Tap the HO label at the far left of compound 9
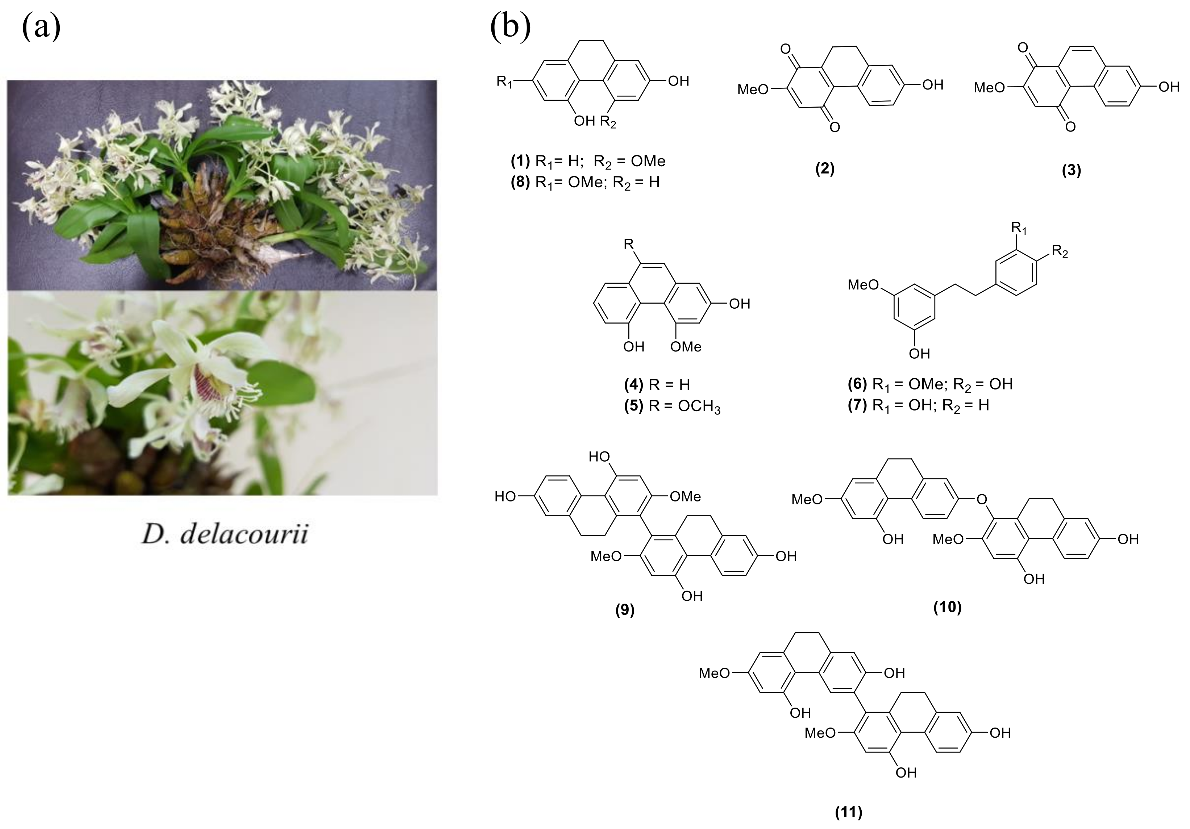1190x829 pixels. [x=505, y=497]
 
